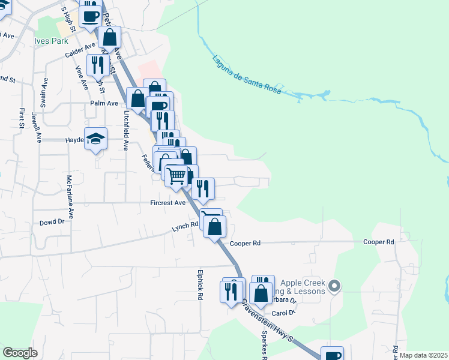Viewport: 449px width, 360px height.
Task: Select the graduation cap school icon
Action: tap(96, 139)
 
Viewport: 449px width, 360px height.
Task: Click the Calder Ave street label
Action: tap(80, 47)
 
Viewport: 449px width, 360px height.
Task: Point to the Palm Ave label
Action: tap(104, 103)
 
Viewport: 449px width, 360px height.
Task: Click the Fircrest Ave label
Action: tap(168, 203)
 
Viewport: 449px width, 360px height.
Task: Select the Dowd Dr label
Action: tap(52, 221)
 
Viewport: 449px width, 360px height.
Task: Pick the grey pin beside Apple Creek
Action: tap(335, 286)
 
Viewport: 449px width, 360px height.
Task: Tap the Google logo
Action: tap(20, 353)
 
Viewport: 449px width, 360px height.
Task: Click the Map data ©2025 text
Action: tap(423, 355)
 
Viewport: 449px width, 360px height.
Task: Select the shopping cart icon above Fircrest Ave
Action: tap(175, 176)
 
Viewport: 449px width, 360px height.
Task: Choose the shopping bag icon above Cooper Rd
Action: tap(214, 227)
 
